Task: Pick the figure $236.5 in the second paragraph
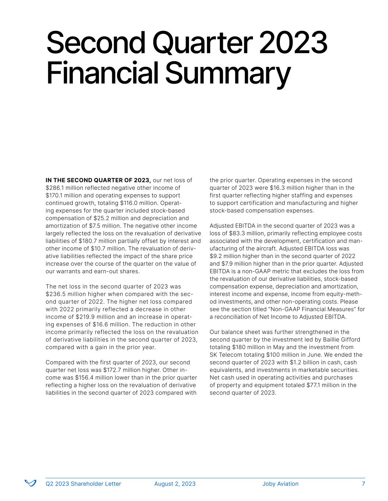54,294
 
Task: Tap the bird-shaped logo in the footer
31,483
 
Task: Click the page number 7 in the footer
363,484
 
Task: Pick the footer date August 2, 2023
175,484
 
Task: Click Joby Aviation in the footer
280,484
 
